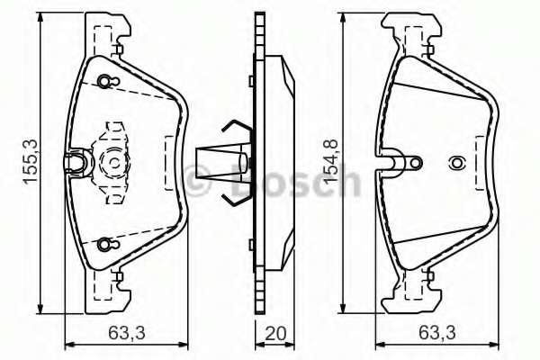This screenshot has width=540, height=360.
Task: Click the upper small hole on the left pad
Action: tap(105, 82)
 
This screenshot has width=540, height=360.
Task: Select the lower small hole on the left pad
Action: tap(105, 244)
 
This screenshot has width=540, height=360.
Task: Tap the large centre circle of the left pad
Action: tap(115, 163)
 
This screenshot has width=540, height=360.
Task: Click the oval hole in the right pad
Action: tap(456, 164)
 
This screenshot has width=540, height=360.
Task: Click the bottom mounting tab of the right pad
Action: tap(414, 292)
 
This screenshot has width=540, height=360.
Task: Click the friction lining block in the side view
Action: tap(279, 162)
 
